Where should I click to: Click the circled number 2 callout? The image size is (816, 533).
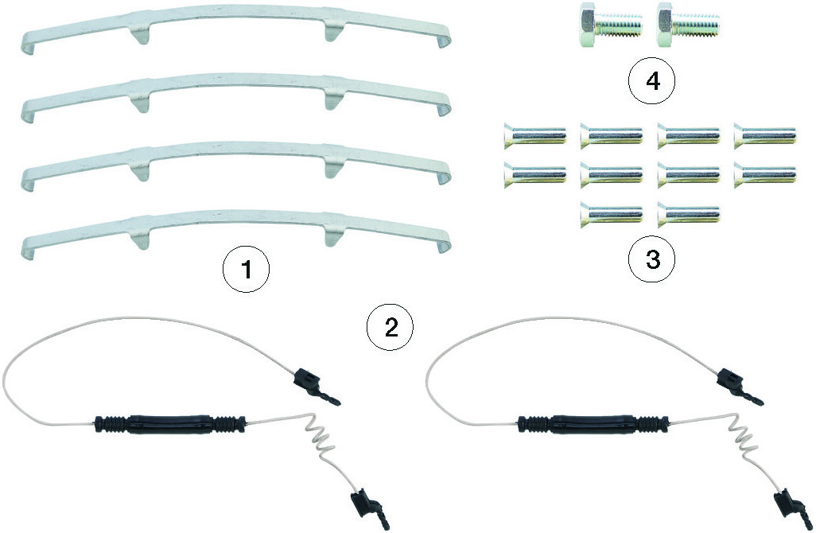390,327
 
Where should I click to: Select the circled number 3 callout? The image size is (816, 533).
652,259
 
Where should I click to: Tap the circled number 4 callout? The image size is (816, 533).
651,82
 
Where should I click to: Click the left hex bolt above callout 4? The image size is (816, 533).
609,25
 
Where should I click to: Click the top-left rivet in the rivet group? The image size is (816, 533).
534,137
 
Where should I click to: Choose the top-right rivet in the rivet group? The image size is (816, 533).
764,137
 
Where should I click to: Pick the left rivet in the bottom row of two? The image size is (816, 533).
612,212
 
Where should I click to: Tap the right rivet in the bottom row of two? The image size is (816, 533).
689,212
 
